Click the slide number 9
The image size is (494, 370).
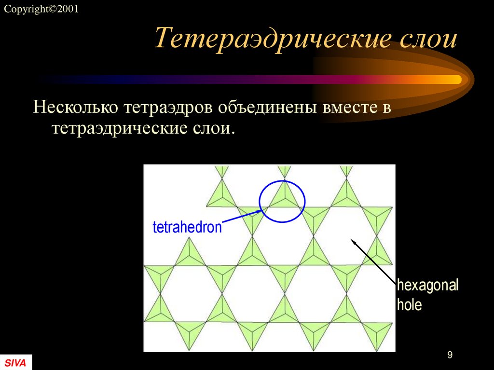(450, 356)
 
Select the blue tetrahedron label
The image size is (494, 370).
(187, 227)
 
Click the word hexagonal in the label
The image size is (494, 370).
(427, 285)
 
